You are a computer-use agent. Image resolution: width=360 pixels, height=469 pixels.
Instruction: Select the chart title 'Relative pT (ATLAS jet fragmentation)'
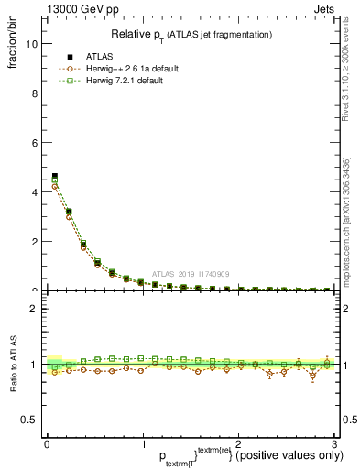click(x=191, y=34)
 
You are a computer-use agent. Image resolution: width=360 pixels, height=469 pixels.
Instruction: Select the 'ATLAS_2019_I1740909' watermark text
click(x=191, y=274)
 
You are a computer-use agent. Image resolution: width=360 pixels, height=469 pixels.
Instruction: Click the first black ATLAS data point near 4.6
click(x=55, y=176)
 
